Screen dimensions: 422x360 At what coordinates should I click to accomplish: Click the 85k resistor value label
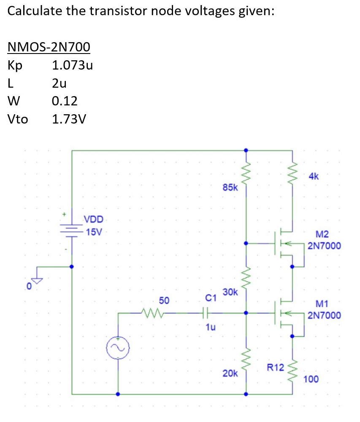230,187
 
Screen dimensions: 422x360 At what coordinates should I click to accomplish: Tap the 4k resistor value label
314,177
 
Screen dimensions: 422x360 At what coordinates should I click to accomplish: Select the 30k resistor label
230,292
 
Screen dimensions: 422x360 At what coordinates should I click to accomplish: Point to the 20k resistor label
230,373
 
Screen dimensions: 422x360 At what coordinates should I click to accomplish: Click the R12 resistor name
276,367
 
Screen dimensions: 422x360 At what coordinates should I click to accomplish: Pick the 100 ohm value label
311,379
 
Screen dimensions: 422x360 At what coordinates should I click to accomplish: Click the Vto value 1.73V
69,119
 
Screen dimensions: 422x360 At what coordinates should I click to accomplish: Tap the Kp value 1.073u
72,65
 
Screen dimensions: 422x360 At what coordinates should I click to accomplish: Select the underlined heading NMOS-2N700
49,47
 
